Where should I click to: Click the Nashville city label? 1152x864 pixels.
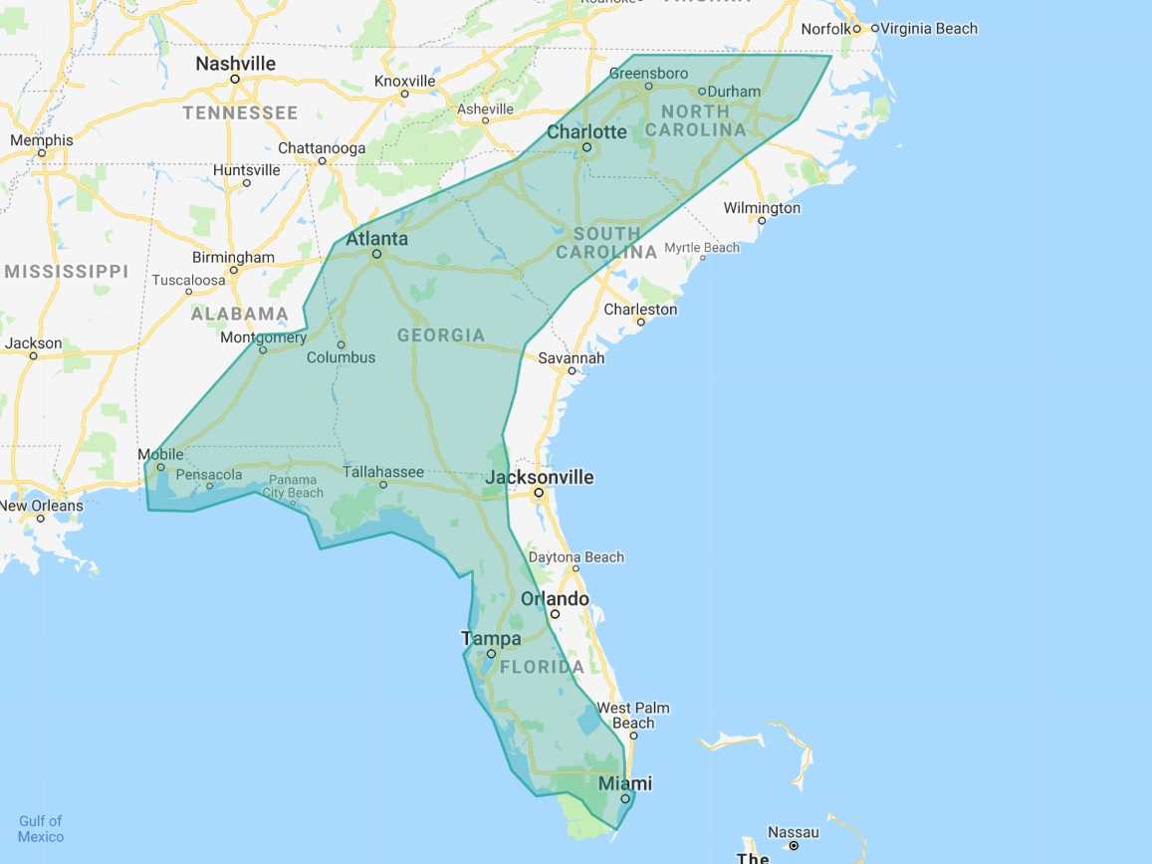235,64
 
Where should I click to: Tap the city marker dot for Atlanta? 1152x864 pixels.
377,254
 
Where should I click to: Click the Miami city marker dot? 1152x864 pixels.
625,798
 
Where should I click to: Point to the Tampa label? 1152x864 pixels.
490,638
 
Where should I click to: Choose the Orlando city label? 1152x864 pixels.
555,599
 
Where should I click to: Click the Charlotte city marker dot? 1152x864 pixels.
587,148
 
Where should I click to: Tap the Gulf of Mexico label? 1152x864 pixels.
41,828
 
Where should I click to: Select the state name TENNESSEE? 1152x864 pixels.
240,112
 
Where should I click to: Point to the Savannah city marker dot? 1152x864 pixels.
572,371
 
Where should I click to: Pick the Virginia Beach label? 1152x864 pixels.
929,29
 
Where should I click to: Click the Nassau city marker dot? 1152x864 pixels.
794,846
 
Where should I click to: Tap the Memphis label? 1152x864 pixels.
42,140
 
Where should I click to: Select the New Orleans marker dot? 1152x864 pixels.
41,519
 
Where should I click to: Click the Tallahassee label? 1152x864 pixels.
383,472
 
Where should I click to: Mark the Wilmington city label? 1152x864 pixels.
762,208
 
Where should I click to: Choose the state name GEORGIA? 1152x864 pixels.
441,335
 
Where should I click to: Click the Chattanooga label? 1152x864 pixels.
322,148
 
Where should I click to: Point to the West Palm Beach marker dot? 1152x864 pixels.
633,736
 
